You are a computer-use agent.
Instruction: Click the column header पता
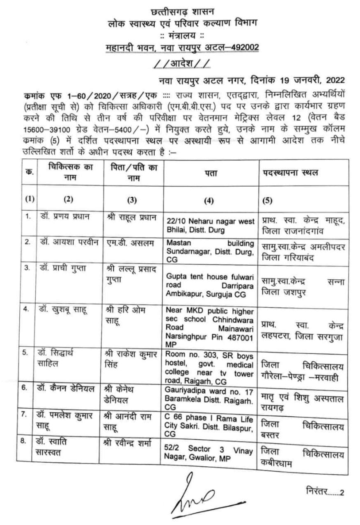(211, 173)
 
